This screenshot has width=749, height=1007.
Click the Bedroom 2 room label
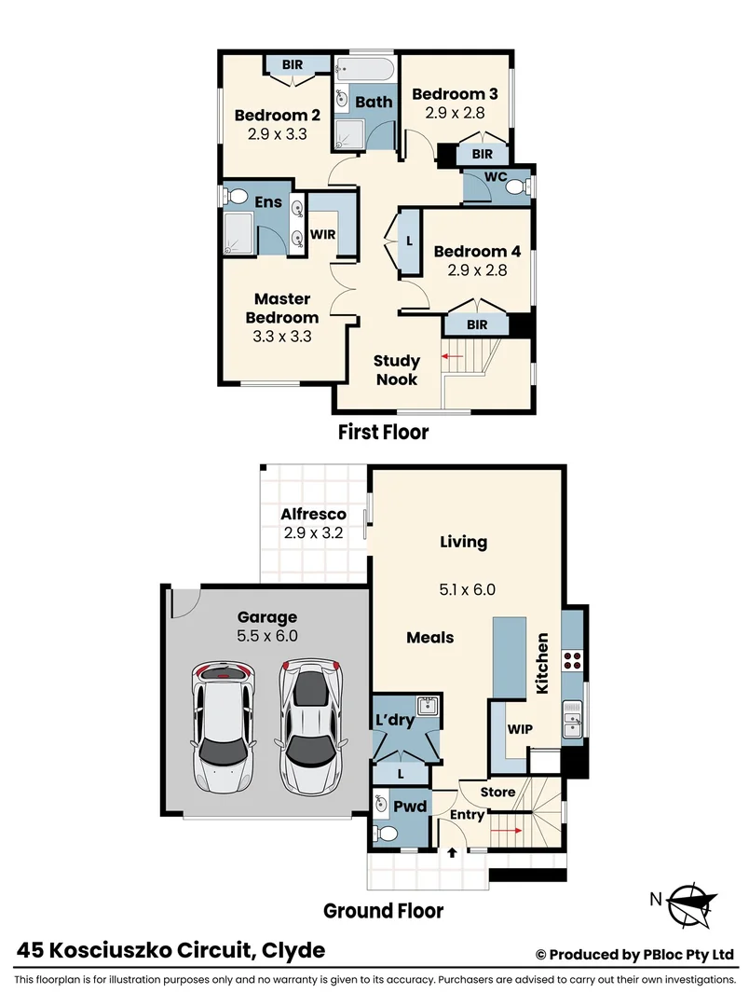pyautogui.click(x=278, y=116)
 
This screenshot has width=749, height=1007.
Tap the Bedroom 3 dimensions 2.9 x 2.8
pyautogui.click(x=455, y=112)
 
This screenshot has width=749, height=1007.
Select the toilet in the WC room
pyautogui.click(x=513, y=186)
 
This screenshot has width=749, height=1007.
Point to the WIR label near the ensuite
pyautogui.click(x=322, y=234)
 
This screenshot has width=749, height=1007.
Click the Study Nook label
pyautogui.click(x=397, y=369)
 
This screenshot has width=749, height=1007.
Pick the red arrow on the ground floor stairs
pyautogui.click(x=505, y=828)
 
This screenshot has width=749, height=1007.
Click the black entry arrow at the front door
pyautogui.click(x=453, y=852)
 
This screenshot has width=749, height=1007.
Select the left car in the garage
pyautogui.click(x=224, y=724)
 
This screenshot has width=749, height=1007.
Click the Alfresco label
pyautogui.click(x=314, y=515)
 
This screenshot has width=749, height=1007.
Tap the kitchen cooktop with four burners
pyautogui.click(x=572, y=661)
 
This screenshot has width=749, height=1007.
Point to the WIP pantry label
pyautogui.click(x=519, y=727)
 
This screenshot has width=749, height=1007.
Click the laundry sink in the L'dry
pyautogui.click(x=428, y=706)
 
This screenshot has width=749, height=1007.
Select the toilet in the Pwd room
pyautogui.click(x=381, y=832)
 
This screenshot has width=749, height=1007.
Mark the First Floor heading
pyautogui.click(x=383, y=433)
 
